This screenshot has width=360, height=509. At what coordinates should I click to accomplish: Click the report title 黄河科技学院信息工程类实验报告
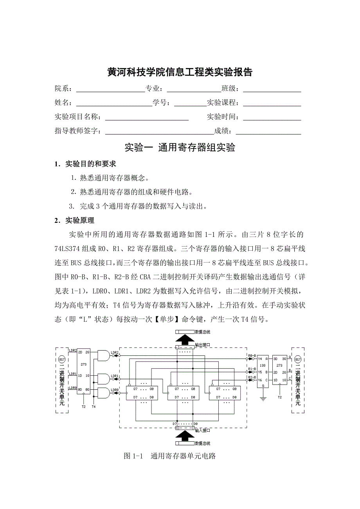coord(180,72)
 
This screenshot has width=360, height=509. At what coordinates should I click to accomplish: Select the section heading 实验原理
coord(80,220)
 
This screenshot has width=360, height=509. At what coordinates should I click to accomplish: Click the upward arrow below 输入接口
coord(184,436)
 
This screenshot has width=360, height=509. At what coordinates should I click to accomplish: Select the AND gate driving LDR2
coord(103,355)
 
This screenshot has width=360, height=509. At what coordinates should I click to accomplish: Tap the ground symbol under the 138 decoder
coord(263,398)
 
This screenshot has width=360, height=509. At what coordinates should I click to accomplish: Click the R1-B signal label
coord(252,369)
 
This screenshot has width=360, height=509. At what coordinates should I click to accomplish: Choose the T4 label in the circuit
coord(93,407)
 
